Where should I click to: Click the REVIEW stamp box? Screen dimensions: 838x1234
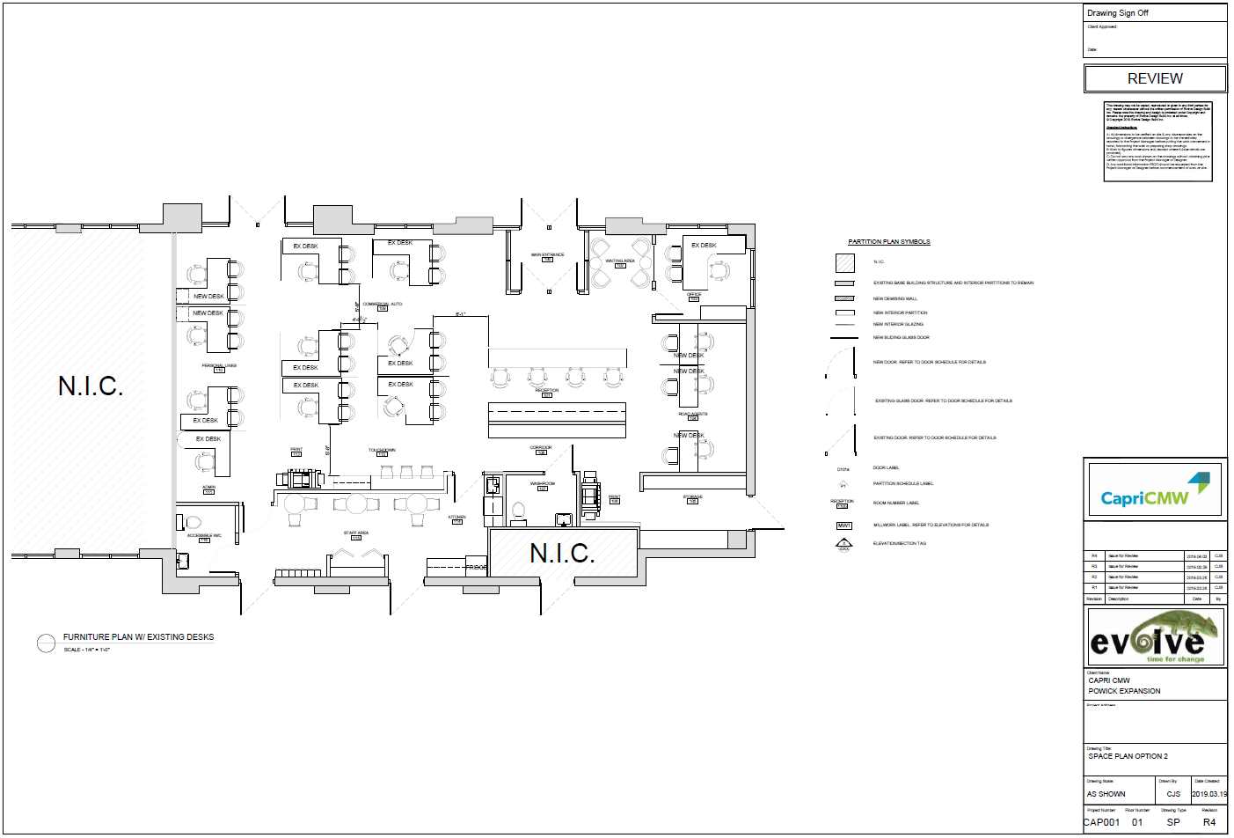(1155, 78)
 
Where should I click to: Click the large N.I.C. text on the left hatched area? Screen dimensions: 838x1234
(91, 386)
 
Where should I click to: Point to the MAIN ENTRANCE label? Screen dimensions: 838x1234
(547, 255)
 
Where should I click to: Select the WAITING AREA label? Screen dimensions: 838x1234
(620, 261)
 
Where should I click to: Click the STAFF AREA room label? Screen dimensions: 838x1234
(356, 533)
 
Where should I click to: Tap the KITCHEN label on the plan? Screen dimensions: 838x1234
(456, 518)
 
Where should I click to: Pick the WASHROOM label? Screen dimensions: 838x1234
(543, 484)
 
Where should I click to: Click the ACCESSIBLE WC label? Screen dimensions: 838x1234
(204, 535)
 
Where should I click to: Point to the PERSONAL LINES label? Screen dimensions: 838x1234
(219, 365)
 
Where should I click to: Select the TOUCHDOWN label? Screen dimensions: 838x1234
(382, 451)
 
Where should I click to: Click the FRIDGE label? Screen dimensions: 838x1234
(476, 568)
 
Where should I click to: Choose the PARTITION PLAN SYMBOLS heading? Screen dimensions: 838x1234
(888, 242)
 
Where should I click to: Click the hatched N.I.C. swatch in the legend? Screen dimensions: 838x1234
(844, 262)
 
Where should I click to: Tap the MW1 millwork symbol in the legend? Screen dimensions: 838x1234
(843, 526)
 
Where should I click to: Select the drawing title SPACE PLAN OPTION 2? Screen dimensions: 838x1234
(1128, 756)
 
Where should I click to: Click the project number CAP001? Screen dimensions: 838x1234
(1101, 822)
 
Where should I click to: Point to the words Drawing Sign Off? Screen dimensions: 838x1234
(1117, 13)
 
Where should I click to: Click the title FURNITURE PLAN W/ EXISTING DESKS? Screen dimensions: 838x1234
(138, 637)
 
